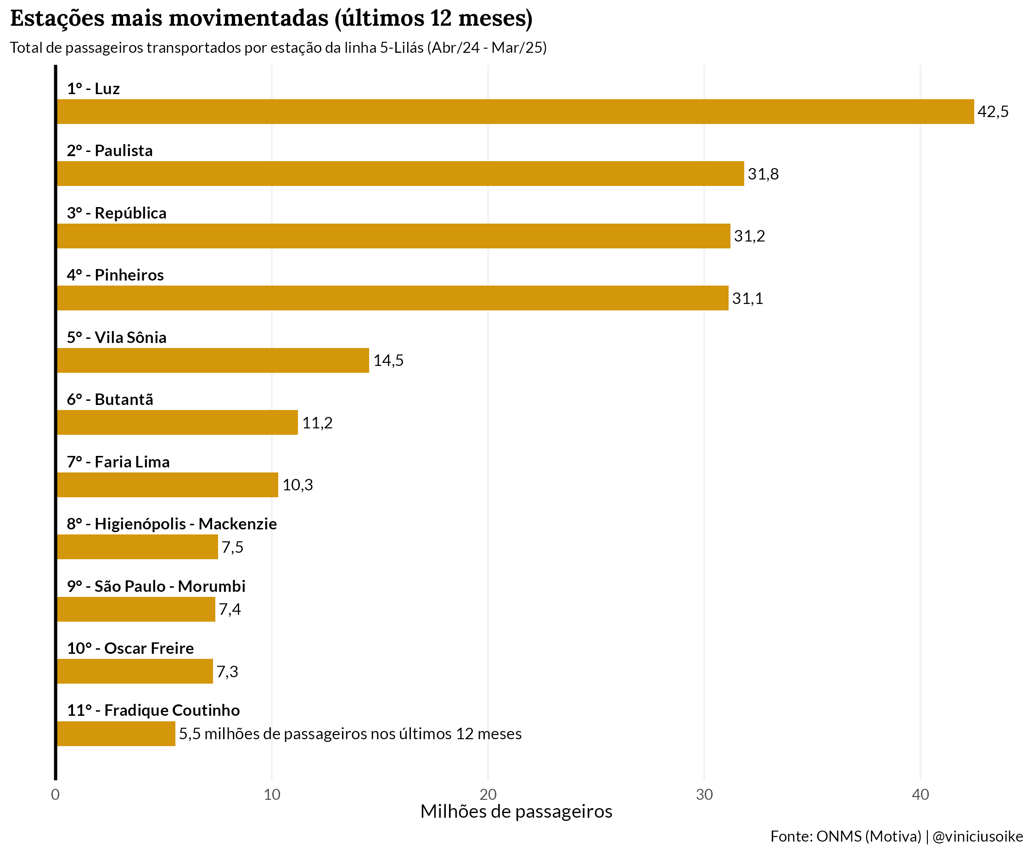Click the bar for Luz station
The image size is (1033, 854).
coord(515,112)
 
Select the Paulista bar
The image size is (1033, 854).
coord(400,174)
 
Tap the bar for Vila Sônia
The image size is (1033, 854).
coord(213,360)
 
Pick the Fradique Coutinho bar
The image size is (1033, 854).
coord(116,734)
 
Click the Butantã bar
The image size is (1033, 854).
coord(177,422)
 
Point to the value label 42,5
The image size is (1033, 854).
coord(993,112)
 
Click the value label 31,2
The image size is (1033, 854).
coord(749,236)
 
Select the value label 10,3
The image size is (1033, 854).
coord(298,485)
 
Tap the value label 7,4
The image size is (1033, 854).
coord(230,610)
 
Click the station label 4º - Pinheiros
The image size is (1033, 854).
coord(115,275)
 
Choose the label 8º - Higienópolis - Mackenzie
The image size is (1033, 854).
coord(172,524)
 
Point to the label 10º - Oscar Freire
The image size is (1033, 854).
coord(130,648)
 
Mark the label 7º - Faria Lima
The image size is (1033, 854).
coord(118,462)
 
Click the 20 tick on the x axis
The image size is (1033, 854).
coord(488,794)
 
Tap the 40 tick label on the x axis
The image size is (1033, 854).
coord(920,794)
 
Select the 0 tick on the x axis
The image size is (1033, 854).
coord(55,794)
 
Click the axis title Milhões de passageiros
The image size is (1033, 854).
coord(516,812)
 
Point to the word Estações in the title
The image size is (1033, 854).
coord(57,19)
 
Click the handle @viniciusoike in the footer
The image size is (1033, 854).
coord(977,836)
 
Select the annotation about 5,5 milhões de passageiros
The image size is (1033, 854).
coord(350,734)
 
